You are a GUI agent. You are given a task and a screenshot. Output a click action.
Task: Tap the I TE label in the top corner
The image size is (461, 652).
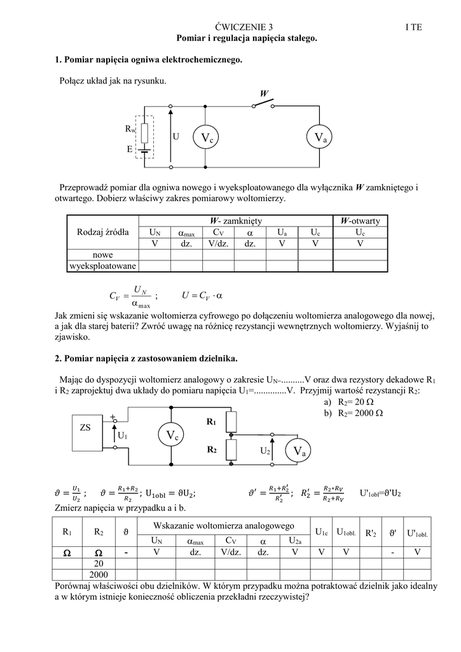[x=413, y=27]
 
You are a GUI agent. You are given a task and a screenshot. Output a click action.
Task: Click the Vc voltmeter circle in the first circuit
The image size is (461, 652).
[x=207, y=138]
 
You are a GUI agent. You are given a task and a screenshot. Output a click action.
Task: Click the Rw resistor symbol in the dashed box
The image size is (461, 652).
[x=145, y=132]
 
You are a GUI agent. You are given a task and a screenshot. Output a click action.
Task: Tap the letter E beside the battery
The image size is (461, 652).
[x=130, y=150]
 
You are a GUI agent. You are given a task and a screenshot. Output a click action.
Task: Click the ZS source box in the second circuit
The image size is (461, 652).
[x=85, y=428]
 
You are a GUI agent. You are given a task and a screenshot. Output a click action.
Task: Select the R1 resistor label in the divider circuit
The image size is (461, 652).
[x=211, y=422]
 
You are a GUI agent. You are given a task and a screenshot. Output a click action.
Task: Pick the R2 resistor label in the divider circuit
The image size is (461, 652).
[x=211, y=450]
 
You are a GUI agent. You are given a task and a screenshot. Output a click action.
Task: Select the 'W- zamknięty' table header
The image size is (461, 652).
[x=236, y=221]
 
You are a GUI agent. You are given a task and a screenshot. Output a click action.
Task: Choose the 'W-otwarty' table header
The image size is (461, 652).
[x=360, y=221]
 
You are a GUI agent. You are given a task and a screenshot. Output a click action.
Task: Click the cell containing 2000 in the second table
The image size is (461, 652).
[x=99, y=574]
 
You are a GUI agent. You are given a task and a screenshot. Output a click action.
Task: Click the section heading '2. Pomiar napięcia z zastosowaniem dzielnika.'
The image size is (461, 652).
[x=146, y=358]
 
